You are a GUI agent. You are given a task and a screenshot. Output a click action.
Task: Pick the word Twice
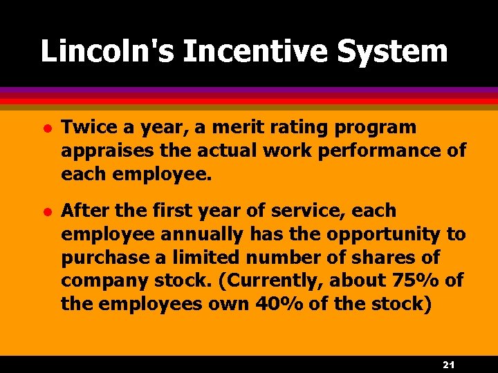tap(85, 127)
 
